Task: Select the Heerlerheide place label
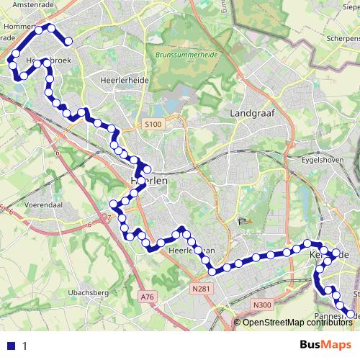coord(125,81)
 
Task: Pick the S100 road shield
coord(153,125)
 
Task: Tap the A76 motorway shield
coord(148,297)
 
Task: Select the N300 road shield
coord(262,305)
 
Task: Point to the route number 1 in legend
coord(24,346)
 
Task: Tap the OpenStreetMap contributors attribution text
coord(297,322)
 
